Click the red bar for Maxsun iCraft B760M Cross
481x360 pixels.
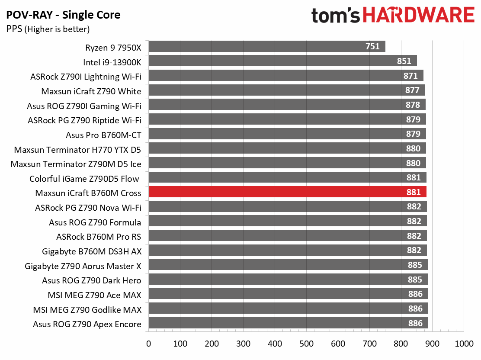(288, 192)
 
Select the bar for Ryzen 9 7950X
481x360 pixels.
(267, 46)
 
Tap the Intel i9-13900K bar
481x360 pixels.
(283, 61)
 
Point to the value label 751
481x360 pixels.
(372, 46)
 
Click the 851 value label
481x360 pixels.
(404, 61)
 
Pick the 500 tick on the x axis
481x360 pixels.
(306, 344)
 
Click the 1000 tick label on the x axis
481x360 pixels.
(464, 344)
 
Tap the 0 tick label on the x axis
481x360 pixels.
(148, 344)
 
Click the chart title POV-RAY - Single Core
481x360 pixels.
(63, 15)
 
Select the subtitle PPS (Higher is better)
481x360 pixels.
(48, 29)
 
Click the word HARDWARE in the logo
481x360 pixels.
(419, 15)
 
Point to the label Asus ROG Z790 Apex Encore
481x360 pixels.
(87, 324)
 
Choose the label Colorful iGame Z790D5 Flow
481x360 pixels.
(84, 179)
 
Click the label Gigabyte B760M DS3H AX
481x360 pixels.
(92, 251)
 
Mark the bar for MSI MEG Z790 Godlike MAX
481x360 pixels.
(289, 309)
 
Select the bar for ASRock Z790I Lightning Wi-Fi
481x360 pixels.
(286, 75)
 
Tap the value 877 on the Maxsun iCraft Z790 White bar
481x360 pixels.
(412, 90)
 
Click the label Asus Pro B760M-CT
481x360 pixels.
(103, 135)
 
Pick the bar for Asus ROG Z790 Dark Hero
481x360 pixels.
(288, 279)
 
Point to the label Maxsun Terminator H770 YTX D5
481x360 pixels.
(77, 150)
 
